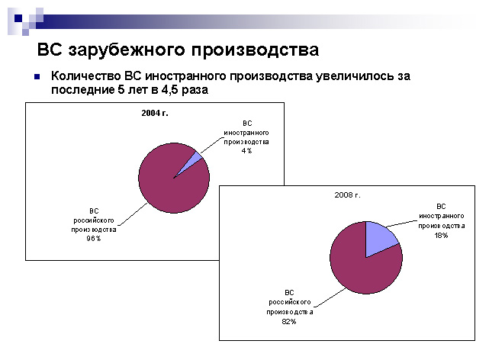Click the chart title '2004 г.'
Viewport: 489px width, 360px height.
pyautogui.click(x=155, y=113)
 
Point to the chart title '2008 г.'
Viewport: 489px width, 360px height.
pyautogui.click(x=347, y=195)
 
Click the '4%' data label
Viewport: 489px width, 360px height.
pyautogui.click(x=246, y=151)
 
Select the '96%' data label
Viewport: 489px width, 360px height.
pyautogui.click(x=94, y=239)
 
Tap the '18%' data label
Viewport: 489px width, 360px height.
pyautogui.click(x=441, y=236)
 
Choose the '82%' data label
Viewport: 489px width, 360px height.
pyautogui.click(x=289, y=321)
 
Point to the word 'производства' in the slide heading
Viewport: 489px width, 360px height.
pyautogui.click(x=255, y=50)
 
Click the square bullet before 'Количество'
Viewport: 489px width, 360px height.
pyautogui.click(x=37, y=76)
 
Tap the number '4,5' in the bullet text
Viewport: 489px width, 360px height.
pyautogui.click(x=169, y=90)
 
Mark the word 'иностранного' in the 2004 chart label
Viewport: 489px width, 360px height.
pyautogui.click(x=246, y=133)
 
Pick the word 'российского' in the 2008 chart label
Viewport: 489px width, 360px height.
pyautogui.click(x=290, y=302)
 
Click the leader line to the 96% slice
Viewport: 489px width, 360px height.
pyautogui.click(x=134, y=214)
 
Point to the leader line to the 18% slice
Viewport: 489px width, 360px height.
pyautogui.click(x=402, y=223)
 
